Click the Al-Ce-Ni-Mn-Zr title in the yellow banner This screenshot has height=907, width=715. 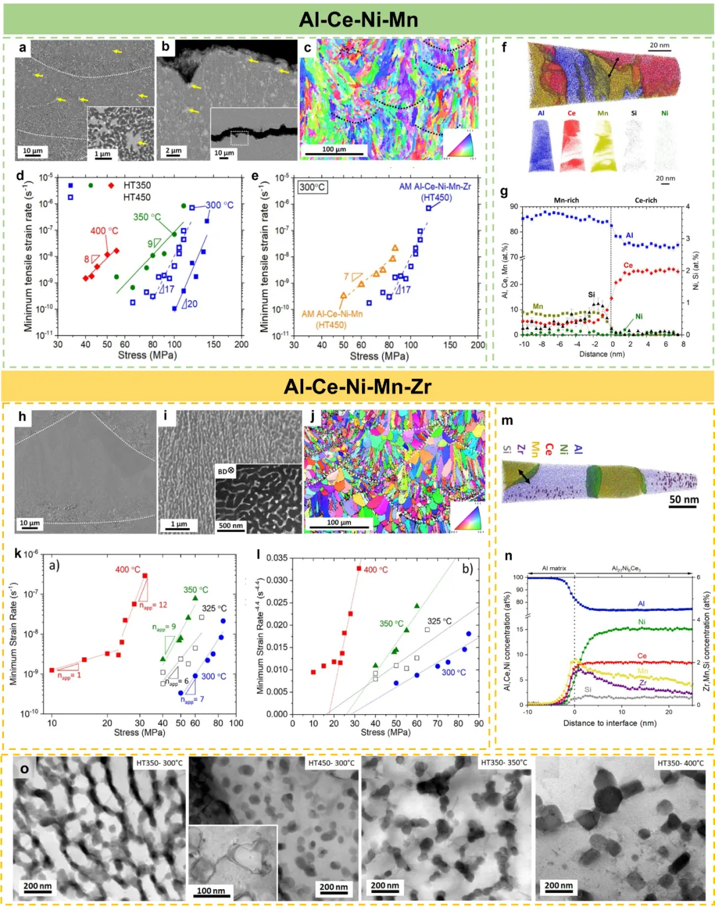coord(358,386)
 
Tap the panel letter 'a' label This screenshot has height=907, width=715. coord(23,48)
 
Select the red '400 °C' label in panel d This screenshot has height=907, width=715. coord(104,231)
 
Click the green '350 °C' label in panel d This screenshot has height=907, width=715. coord(146,217)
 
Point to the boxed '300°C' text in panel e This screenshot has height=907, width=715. coord(312,187)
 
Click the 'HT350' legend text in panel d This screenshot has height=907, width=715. coord(137,186)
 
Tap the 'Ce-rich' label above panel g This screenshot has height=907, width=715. coord(645,200)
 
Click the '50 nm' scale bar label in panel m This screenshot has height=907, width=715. coord(684,500)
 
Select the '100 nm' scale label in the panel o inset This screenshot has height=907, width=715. coord(211,890)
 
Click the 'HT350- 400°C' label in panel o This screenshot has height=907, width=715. coord(680,763)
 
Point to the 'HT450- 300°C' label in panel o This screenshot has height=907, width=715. coord(331,763)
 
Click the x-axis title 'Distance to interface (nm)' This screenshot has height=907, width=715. coord(610,723)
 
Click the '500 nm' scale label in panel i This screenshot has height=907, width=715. coord(230,525)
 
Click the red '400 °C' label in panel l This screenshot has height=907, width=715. coord(375,570)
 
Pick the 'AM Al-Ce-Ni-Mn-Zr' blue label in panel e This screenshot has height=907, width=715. coord(435,187)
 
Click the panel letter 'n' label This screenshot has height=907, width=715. coord(508,557)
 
